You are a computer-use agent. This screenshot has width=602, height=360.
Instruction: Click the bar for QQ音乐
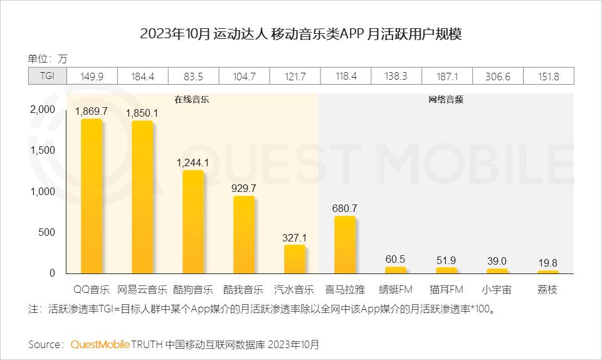click(92, 196)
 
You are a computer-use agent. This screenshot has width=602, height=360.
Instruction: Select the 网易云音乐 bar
click(142, 197)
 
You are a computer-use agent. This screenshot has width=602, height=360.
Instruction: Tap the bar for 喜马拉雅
click(345, 245)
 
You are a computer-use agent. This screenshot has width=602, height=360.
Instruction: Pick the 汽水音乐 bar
click(294, 258)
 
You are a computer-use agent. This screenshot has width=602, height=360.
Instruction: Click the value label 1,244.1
click(193, 162)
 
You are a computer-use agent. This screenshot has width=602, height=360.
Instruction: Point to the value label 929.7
click(244, 188)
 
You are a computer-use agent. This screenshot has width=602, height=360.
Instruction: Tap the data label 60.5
click(396, 259)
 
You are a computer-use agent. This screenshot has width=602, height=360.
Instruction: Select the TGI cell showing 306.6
click(497, 77)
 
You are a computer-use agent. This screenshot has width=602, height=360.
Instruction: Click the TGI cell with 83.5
click(193, 77)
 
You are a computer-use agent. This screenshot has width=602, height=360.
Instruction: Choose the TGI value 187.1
click(446, 77)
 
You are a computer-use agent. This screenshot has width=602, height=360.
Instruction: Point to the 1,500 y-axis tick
click(43, 151)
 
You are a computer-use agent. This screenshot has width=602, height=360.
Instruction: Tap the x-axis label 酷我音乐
click(244, 290)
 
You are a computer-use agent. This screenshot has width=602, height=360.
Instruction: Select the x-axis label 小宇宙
click(497, 290)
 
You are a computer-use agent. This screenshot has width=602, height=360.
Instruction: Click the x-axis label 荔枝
click(547, 290)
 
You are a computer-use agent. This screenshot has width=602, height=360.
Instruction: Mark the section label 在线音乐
click(192, 100)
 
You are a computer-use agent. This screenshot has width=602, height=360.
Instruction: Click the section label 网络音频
click(446, 100)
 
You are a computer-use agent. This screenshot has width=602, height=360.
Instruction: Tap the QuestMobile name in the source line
click(100, 344)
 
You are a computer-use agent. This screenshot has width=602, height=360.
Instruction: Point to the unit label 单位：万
click(47, 59)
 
